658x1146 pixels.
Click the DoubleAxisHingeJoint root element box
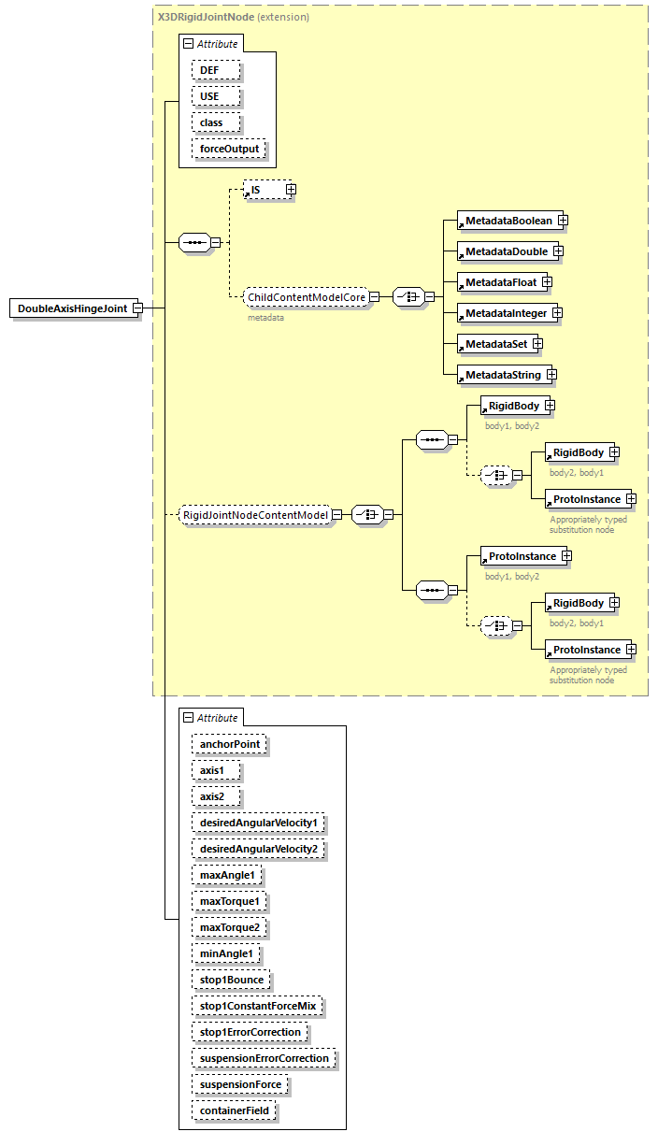[73, 308]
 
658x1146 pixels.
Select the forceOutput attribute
[229, 149]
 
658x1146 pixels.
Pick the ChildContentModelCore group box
[306, 297]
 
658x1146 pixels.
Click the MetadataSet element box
[496, 344]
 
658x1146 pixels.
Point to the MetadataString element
[503, 375]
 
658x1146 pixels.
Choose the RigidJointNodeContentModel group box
[255, 515]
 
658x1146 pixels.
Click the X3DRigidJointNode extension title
[232, 17]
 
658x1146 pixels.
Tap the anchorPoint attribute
[229, 745]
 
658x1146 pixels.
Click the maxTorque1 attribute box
[229, 901]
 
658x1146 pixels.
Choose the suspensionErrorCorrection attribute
[264, 1058]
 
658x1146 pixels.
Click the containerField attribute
[234, 1110]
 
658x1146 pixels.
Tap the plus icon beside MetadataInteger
[558, 313]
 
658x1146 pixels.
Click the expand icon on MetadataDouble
[558, 251]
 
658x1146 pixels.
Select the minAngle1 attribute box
[226, 953]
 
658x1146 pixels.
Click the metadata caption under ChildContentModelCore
[265, 318]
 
